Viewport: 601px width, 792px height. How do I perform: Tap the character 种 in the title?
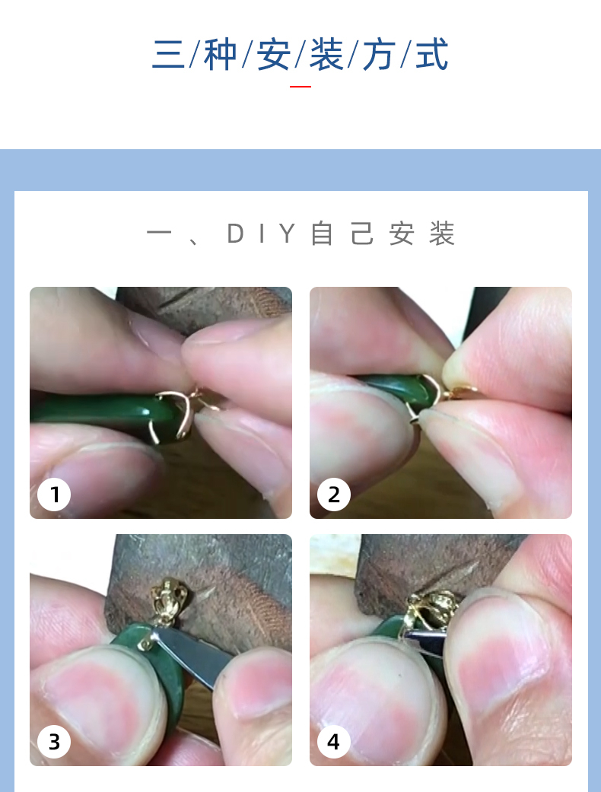click(x=220, y=53)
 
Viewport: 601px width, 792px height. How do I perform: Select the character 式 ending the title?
click(x=432, y=53)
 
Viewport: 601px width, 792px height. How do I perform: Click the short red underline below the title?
click(x=300, y=87)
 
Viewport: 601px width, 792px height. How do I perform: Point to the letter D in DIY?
click(x=235, y=234)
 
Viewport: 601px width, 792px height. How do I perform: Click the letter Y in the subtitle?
click(x=288, y=234)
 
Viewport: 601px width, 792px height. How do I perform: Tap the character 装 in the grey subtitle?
click(x=442, y=234)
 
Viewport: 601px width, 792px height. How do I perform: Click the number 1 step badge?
click(x=54, y=494)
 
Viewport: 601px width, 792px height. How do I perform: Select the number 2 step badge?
click(x=334, y=494)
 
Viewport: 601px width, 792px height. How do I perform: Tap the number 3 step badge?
click(x=54, y=742)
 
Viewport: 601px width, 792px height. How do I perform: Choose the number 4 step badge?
click(x=334, y=742)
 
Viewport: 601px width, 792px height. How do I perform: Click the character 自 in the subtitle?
click(x=322, y=234)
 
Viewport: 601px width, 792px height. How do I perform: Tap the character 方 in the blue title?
click(x=380, y=53)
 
